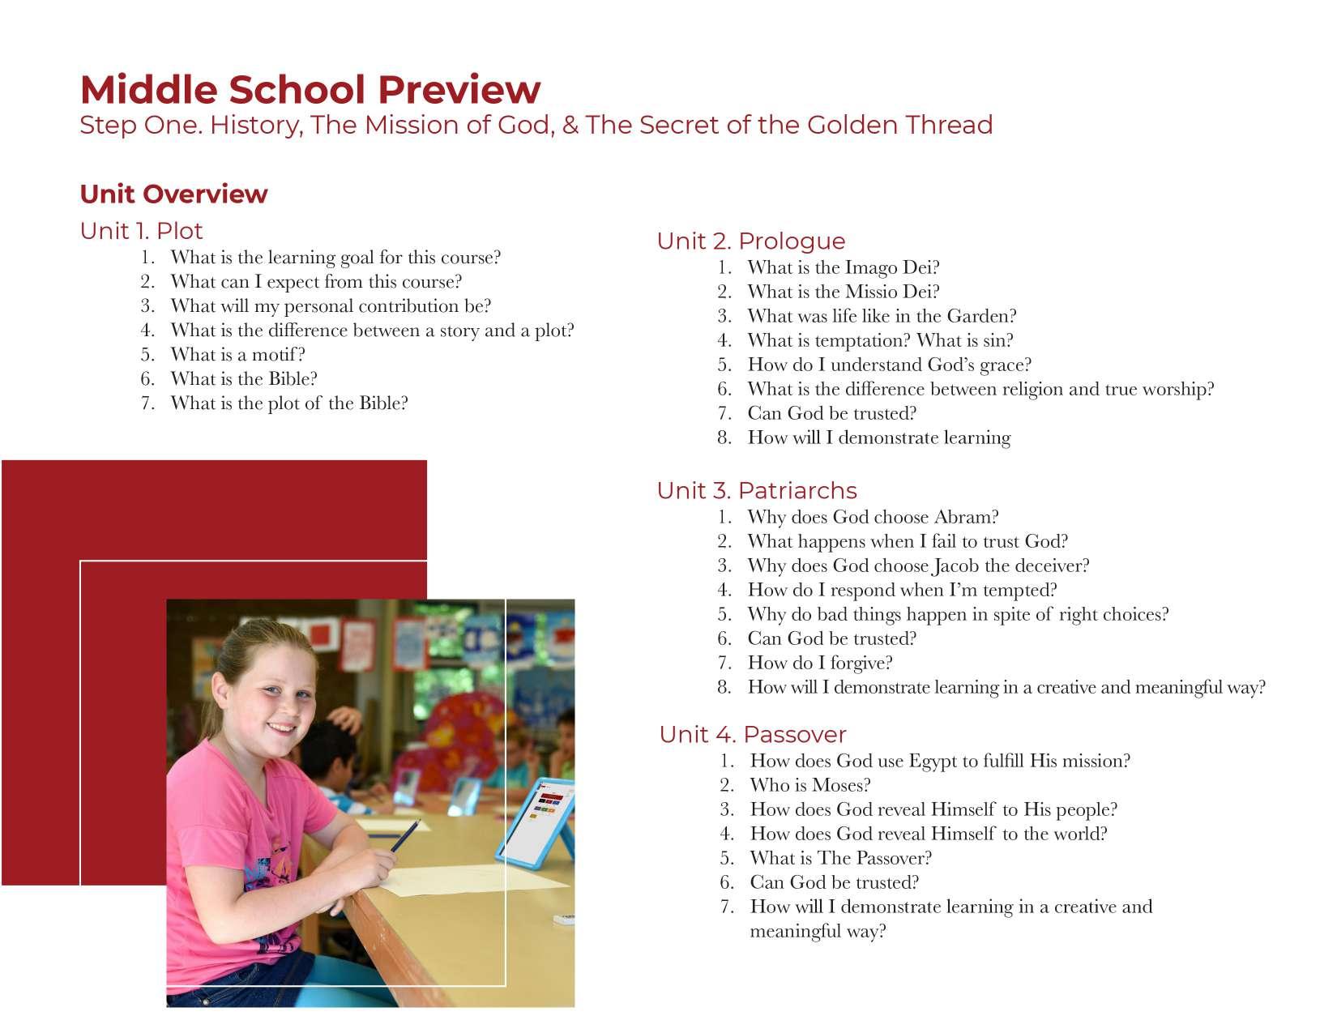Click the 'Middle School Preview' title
pyautogui.click(x=310, y=89)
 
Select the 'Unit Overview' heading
pyautogui.click(x=173, y=194)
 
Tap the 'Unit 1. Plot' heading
pyautogui.click(x=141, y=231)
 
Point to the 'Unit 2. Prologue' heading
pyautogui.click(x=750, y=241)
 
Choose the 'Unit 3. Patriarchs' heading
pyautogui.click(x=756, y=490)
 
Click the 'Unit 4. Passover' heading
pyautogui.click(x=752, y=734)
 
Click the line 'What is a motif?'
pyautogui.click(x=237, y=355)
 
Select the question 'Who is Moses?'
pyautogui.click(x=809, y=785)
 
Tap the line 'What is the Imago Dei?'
pyautogui.click(x=843, y=267)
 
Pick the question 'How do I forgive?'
pyautogui.click(x=819, y=663)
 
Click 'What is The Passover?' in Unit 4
pyautogui.click(x=840, y=858)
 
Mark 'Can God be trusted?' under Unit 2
pyautogui.click(x=831, y=413)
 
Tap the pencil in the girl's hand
pyautogui.click(x=407, y=835)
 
